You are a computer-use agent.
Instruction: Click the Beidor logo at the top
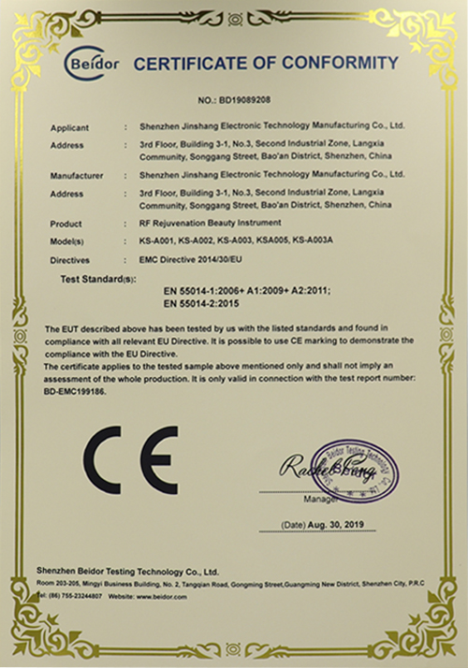pos(90,62)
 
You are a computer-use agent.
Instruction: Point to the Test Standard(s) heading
pos(97,279)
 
